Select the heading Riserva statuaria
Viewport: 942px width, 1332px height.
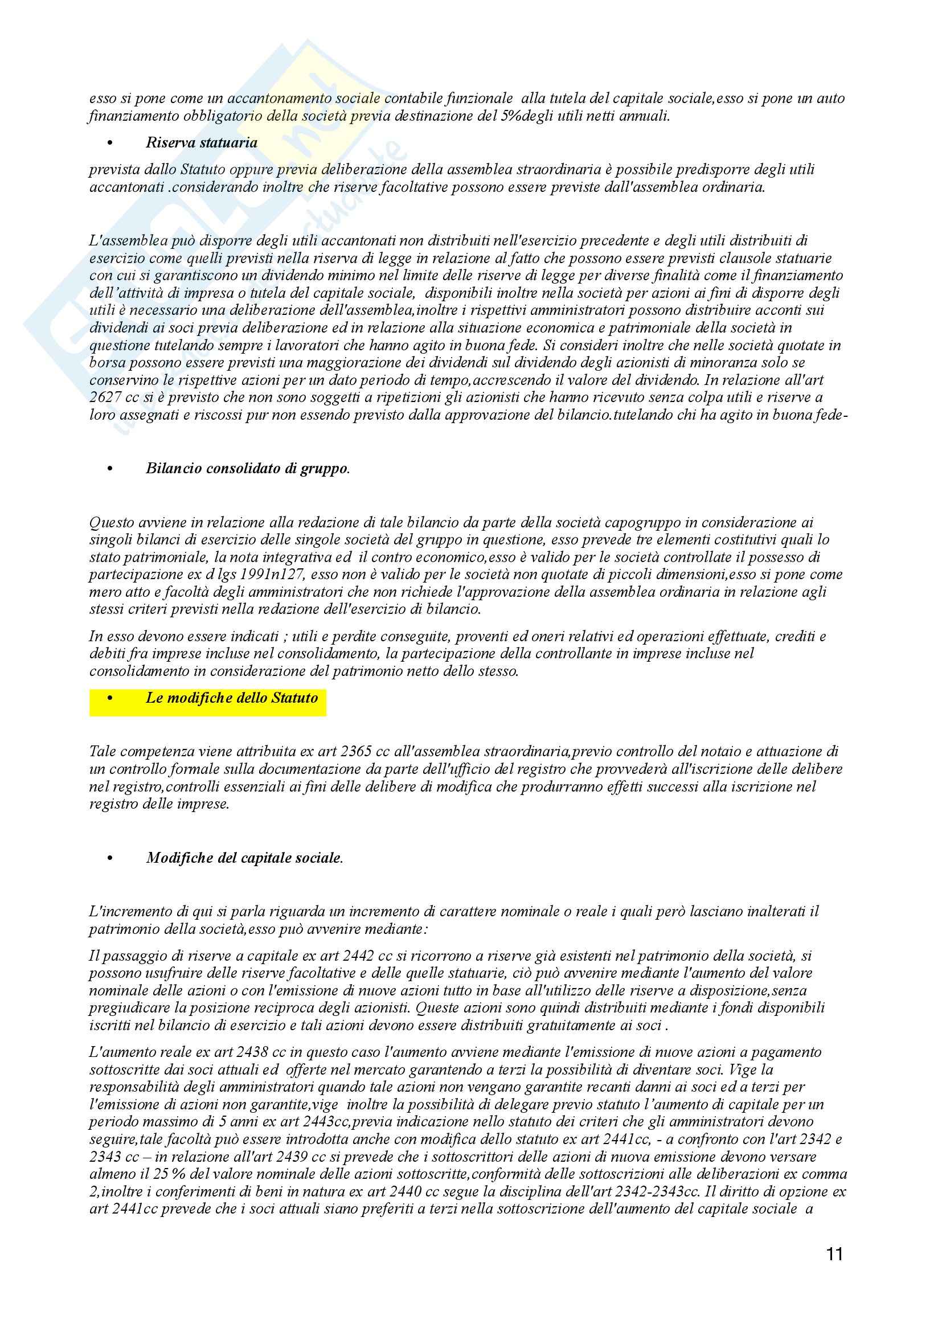(201, 143)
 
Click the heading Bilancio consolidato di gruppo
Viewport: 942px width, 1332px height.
(248, 469)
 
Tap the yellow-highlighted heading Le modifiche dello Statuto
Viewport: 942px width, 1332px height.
(231, 698)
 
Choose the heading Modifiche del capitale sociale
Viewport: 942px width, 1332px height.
(244, 858)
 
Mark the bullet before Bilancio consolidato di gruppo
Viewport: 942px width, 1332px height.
(109, 469)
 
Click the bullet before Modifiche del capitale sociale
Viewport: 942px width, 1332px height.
(109, 859)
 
